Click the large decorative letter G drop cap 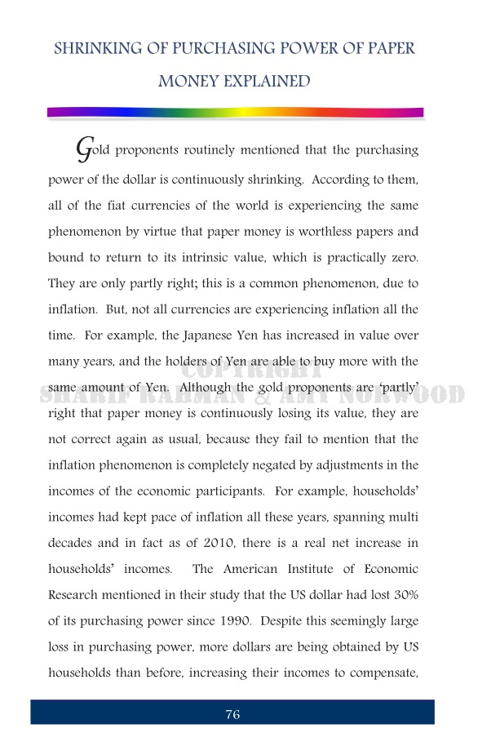82,149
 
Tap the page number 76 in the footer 232,715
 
